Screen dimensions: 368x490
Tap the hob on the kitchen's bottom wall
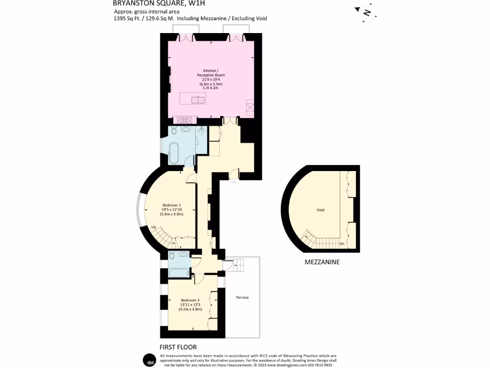pos(185,120)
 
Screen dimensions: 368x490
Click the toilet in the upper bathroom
pos(174,130)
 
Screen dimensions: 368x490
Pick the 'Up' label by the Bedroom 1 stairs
pos(154,227)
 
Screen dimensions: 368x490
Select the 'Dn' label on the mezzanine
pos(342,244)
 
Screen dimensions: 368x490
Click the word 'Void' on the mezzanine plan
pos(320,210)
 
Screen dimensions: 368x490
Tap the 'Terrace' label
pos(242,298)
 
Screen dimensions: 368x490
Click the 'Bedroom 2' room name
pos(190,300)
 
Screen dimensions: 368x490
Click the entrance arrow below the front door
pos(234,182)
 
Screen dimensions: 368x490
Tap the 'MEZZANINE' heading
pos(322,263)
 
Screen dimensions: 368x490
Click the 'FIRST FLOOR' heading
pos(178,347)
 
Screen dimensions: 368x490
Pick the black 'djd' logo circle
pos(150,360)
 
